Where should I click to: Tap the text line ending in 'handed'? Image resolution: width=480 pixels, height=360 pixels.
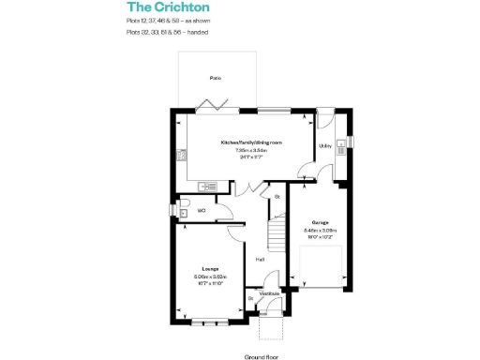[x=168, y=33]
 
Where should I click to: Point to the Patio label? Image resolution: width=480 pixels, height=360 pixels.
[x=216, y=79]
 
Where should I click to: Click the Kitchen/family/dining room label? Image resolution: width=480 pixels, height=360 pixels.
[x=250, y=142]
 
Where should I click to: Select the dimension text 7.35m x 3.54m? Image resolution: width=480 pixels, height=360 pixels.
[x=251, y=150]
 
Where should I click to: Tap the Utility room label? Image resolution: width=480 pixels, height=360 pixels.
[x=325, y=146]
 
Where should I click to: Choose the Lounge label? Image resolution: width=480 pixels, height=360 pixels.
[x=209, y=269]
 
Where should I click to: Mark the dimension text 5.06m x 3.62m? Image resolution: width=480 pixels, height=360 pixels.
[x=210, y=277]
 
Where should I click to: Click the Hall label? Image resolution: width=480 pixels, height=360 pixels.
[x=259, y=260]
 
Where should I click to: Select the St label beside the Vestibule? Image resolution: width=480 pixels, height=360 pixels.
[x=250, y=298]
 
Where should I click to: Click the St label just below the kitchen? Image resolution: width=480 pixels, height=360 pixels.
[x=277, y=197]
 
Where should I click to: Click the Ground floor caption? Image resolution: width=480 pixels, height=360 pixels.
[x=263, y=356]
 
